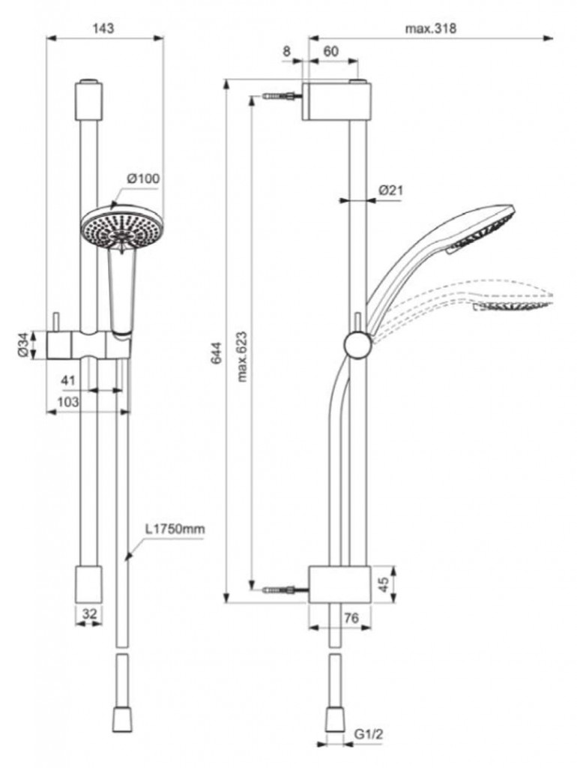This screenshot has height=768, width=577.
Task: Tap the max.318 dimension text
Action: pos(430,28)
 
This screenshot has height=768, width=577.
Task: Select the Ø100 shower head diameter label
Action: pos(143,178)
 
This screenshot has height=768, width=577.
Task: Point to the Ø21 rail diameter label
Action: pos(390,190)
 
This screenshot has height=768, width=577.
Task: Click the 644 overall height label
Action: pos(217,352)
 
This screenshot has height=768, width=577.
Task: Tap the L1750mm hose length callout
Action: pos(175,529)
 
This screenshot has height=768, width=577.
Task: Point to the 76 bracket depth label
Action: pos(351,618)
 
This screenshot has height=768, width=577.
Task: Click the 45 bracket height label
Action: pos(384,583)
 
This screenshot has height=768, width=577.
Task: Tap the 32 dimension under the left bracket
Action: pos(90,613)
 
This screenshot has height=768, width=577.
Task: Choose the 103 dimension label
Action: pos(68,402)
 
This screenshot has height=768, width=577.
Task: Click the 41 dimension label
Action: pos(68,380)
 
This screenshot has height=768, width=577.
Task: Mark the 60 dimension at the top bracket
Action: pos(331,51)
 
